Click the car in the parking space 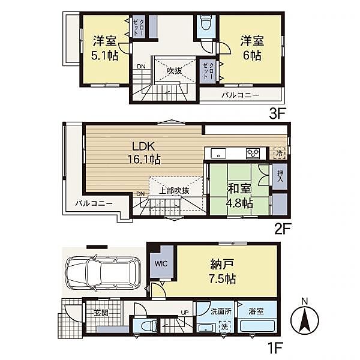point(103,273)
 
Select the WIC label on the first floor point(161,263)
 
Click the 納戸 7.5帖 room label point(222,272)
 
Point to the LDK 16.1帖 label point(144,152)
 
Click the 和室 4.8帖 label point(240,196)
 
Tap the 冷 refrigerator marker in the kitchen point(280,153)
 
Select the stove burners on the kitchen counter point(253,153)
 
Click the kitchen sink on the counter point(218,153)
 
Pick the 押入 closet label point(280,176)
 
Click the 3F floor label point(277,113)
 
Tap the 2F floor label point(283,229)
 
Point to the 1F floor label point(275,348)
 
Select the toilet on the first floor point(148,326)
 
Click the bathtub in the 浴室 point(257,326)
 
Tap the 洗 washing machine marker point(224,326)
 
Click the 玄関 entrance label point(101,313)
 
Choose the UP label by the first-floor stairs point(185,313)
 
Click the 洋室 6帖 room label point(252,48)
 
